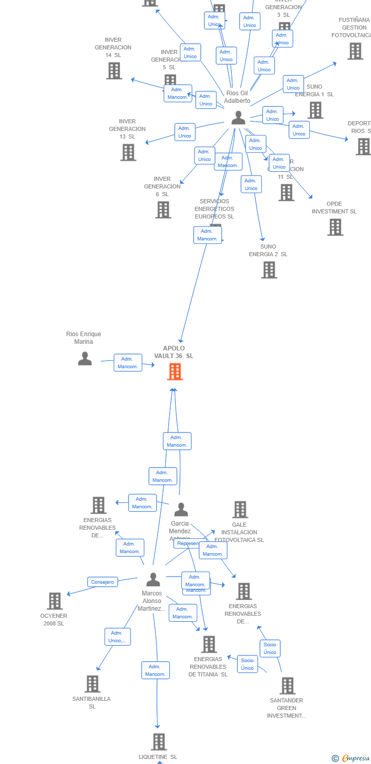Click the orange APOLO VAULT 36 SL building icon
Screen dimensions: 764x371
point(175,372)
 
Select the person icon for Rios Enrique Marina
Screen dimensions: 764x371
point(85,359)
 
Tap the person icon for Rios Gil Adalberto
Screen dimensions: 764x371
point(238,118)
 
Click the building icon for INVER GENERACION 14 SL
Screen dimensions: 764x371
point(114,71)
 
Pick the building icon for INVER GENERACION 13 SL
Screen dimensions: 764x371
point(128,152)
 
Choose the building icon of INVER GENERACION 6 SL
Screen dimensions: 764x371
point(163,209)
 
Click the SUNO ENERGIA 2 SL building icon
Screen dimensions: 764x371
point(269,270)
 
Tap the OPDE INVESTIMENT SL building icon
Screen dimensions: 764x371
point(335,227)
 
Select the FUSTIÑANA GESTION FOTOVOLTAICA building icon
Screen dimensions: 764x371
point(355,51)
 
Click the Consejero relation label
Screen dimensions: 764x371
point(102,582)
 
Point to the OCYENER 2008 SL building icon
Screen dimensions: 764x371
point(55,601)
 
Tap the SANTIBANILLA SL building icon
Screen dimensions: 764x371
point(92,684)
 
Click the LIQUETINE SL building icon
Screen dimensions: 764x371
point(159,742)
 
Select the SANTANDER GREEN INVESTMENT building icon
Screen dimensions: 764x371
point(287,686)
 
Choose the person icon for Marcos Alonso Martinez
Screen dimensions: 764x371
point(153,579)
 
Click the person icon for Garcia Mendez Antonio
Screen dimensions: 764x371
point(181,509)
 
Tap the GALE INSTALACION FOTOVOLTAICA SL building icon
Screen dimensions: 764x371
point(240,509)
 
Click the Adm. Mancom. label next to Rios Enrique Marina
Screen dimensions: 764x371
point(128,363)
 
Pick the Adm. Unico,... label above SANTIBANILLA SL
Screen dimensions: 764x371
point(118,637)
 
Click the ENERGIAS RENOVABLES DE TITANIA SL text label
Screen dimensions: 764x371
point(208,667)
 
